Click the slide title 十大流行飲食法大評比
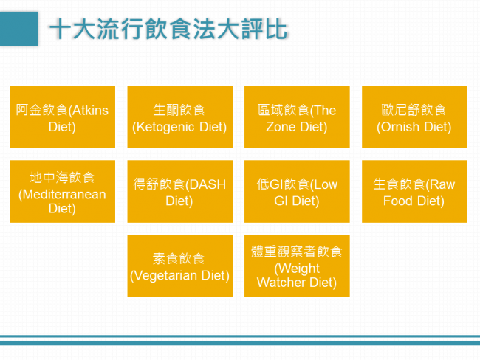coord(168,30)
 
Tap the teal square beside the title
coord(19,29)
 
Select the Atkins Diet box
coord(63,117)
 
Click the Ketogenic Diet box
coord(180,117)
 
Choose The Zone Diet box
coord(297,117)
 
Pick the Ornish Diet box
coord(414,117)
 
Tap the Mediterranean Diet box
coord(63,192)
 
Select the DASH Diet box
coord(180,192)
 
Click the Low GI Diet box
coord(297,192)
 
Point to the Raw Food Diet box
coord(414,192)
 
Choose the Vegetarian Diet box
coord(180,266)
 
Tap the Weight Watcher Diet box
coord(297,266)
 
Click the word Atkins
coord(90,111)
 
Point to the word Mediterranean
coord(64,195)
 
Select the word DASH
coord(208,184)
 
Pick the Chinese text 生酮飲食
coord(179,110)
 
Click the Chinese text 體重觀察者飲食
coord(296,252)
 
